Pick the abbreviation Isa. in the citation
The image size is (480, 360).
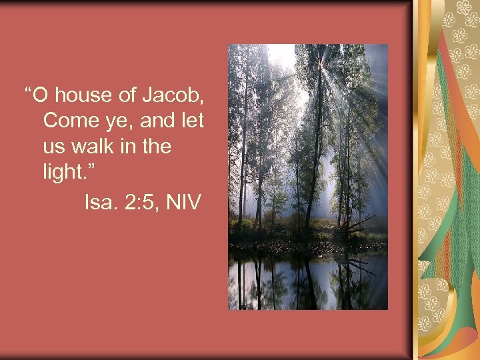point(99,201)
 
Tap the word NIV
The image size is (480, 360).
point(182,201)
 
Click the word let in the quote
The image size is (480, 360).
point(191,121)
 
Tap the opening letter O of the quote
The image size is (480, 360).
point(39,96)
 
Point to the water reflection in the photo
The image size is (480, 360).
point(307,280)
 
